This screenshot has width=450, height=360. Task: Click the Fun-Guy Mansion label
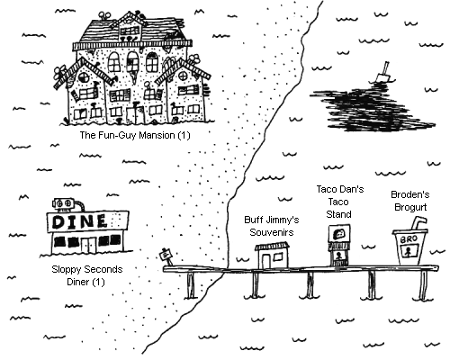coord(135,135)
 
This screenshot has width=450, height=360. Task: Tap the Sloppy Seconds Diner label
coord(87,275)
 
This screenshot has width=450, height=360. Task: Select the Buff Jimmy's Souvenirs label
coord(272,226)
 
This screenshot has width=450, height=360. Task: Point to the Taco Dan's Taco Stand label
coord(340,202)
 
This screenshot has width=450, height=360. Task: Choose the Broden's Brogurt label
coord(410,201)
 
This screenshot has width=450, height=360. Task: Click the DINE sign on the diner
coord(88,221)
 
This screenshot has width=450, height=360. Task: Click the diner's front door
coord(89,245)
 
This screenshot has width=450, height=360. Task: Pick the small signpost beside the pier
coord(166,256)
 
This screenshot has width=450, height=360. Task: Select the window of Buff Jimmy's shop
coord(278,256)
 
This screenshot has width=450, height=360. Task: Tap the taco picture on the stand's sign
coord(339,233)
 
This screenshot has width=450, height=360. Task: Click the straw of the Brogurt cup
coord(418,223)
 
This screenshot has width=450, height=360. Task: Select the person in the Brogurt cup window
coord(408,251)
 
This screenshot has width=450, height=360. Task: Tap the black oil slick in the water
coord(371,108)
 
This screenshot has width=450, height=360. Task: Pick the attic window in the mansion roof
coord(130,31)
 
